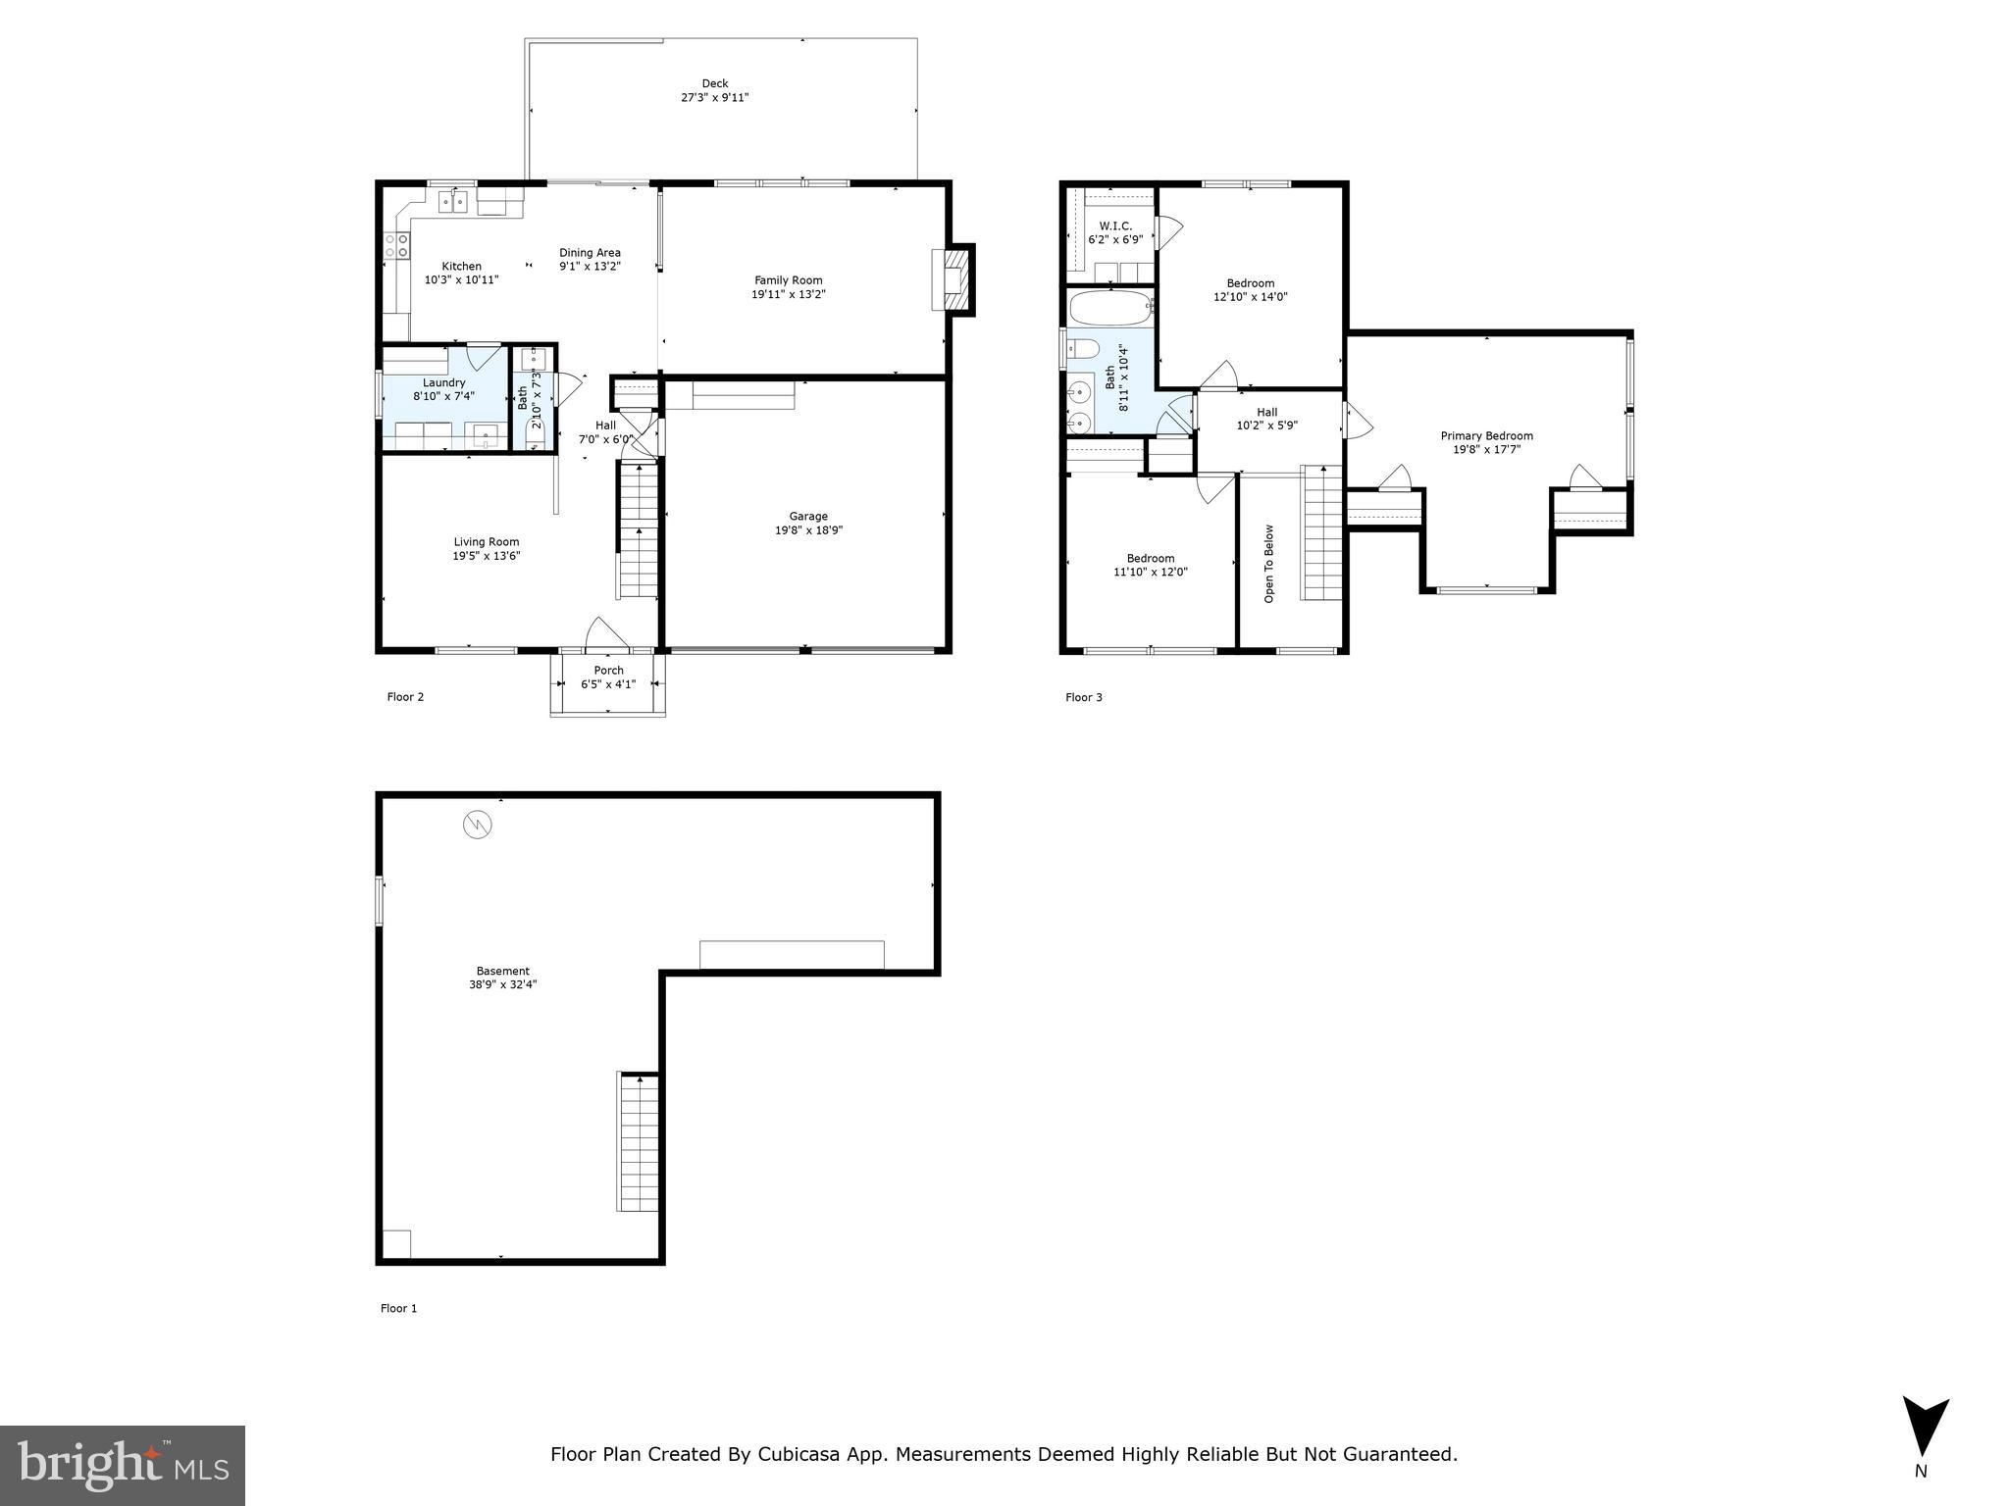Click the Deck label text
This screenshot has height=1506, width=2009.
pyautogui.click(x=714, y=83)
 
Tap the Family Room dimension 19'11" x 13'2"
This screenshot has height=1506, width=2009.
pyautogui.click(x=788, y=294)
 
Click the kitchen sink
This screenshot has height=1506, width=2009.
pyautogui.click(x=452, y=202)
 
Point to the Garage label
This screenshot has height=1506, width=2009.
pyautogui.click(x=808, y=516)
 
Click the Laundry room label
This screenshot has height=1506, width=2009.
pyautogui.click(x=443, y=382)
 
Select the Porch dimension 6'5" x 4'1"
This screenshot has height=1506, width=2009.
pyautogui.click(x=608, y=684)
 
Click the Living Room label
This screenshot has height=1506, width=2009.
pyautogui.click(x=486, y=541)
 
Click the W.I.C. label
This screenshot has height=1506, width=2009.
pyautogui.click(x=1115, y=226)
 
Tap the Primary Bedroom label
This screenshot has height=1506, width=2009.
pyautogui.click(x=1486, y=436)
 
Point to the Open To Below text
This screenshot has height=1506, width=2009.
pyautogui.click(x=1268, y=563)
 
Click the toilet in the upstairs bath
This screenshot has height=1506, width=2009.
pyautogui.click(x=1081, y=348)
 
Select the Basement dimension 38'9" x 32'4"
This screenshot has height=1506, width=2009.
pyautogui.click(x=502, y=984)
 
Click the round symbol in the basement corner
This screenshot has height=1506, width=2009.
pyautogui.click(x=477, y=825)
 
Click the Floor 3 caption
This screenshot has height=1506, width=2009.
pyautogui.click(x=1084, y=697)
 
